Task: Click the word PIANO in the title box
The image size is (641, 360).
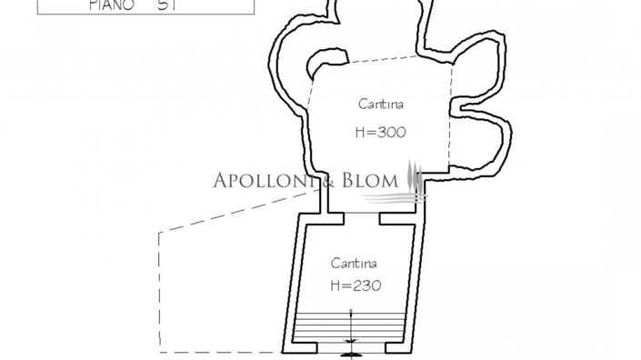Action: coord(110,5)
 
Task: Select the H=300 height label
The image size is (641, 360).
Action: coord(379,132)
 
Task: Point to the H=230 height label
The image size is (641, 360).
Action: coord(355,285)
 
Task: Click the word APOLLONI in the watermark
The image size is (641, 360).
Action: coord(263,180)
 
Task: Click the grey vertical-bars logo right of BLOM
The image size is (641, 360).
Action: coord(415,178)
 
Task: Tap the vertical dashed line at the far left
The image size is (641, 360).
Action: coord(159,291)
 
